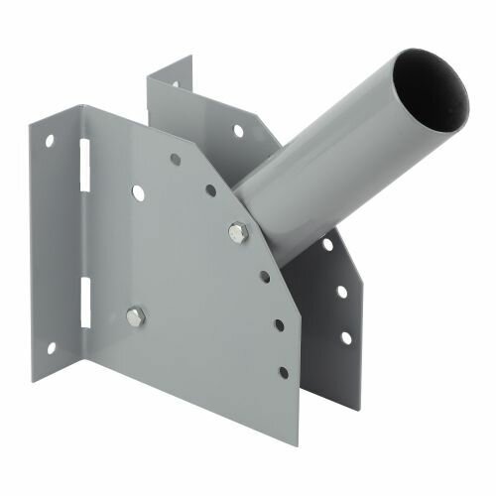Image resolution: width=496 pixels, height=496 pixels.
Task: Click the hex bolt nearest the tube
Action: point(238,233)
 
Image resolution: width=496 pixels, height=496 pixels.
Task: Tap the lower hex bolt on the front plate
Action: point(135,316)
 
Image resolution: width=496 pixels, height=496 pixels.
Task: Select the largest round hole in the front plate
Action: point(137,192)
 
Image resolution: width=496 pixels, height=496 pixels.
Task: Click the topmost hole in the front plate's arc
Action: point(175,159)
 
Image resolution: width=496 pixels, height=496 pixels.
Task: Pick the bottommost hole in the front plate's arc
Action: point(283,372)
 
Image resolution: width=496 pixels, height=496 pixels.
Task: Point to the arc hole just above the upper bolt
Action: point(210,190)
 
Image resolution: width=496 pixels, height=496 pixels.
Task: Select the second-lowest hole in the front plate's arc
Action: point(279,325)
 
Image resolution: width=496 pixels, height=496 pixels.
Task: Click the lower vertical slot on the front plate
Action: point(84,303)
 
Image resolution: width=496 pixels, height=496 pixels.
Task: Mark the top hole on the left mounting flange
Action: point(49,142)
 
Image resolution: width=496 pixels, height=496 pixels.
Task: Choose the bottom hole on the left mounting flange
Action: point(50,348)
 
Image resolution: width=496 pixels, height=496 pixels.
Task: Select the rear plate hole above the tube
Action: point(238,130)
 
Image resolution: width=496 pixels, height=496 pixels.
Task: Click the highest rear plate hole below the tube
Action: point(326,244)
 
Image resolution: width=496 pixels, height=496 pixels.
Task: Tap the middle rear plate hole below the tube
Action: point(340,292)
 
